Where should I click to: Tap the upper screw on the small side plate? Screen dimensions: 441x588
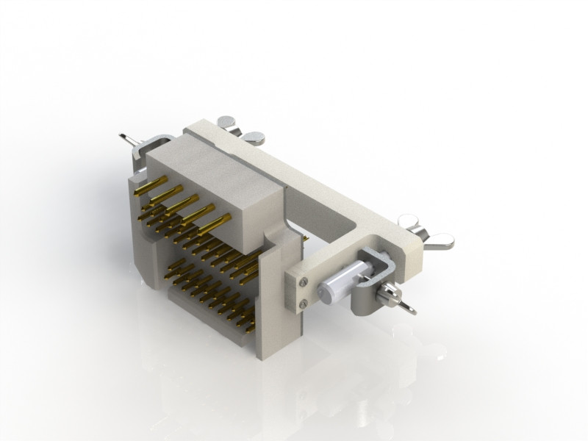(303, 282)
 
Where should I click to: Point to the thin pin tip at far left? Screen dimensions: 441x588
(126, 137)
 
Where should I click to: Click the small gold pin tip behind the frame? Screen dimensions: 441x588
(304, 238)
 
